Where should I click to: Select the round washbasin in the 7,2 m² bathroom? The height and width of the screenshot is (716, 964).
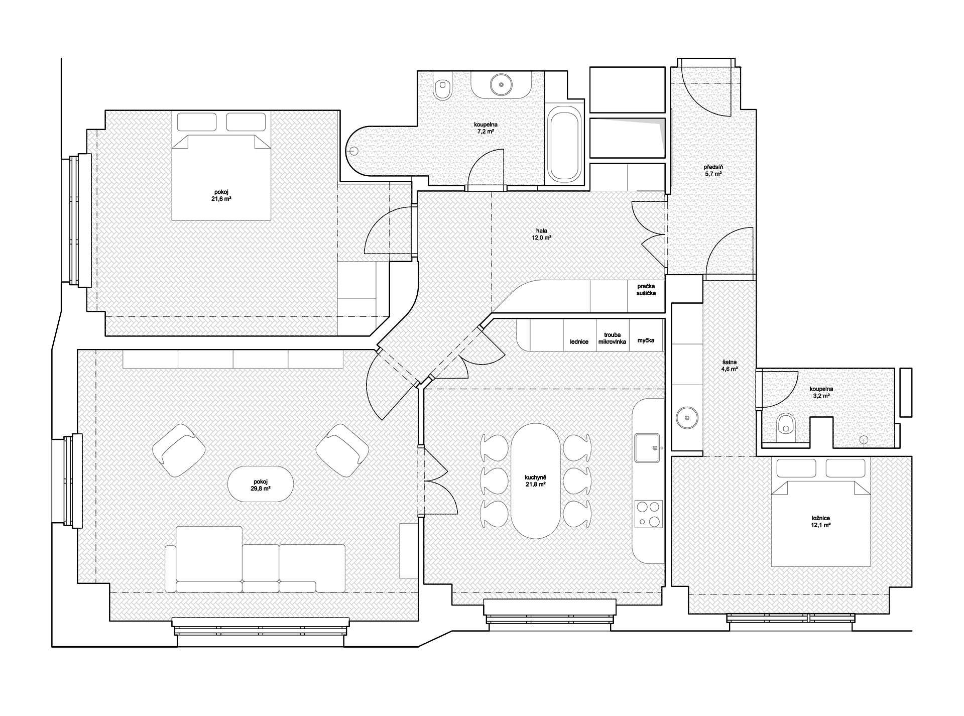coord(500,84)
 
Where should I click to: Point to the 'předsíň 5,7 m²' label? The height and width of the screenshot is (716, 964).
coord(713,170)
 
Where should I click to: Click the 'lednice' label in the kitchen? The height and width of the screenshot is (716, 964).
coord(579,341)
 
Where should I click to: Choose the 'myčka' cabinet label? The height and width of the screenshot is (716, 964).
coord(646,340)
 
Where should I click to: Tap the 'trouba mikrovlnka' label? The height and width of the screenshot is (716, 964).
coord(613,337)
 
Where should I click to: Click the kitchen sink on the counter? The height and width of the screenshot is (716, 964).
coord(648,448)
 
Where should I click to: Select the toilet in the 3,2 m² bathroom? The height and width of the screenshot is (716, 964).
coord(784,424)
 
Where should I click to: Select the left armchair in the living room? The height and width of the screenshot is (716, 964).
coord(179,450)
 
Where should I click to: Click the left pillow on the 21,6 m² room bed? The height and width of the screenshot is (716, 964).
coord(197,122)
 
